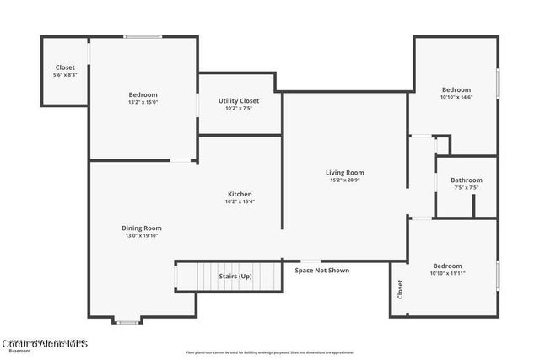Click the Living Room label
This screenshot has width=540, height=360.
pos(345,173)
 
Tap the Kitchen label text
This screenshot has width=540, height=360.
pos(240,194)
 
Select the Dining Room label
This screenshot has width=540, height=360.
pos(142,228)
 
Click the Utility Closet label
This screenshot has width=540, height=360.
pos(239,101)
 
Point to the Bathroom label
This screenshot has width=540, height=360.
pos(466,180)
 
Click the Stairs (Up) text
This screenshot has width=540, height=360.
pos(235,276)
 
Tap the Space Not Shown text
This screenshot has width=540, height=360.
pos(321,271)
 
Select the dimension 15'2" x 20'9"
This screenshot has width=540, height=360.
pos(345,180)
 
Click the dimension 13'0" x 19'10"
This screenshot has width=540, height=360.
pos(142,236)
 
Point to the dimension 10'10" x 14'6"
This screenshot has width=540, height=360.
pos(456,98)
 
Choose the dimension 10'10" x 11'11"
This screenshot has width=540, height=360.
pos(448,273)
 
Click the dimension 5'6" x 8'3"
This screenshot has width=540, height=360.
pos(65,75)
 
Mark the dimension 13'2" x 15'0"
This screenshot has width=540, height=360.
pos(143,102)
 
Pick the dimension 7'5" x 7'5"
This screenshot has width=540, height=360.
pos(466,188)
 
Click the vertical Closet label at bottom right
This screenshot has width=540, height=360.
pos(400,290)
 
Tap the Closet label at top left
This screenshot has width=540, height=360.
pos(65,67)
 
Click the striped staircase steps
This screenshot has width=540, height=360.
pos(228,276)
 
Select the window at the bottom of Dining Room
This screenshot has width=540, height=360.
pos(128,320)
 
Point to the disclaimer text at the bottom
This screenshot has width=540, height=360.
pos(270,352)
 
